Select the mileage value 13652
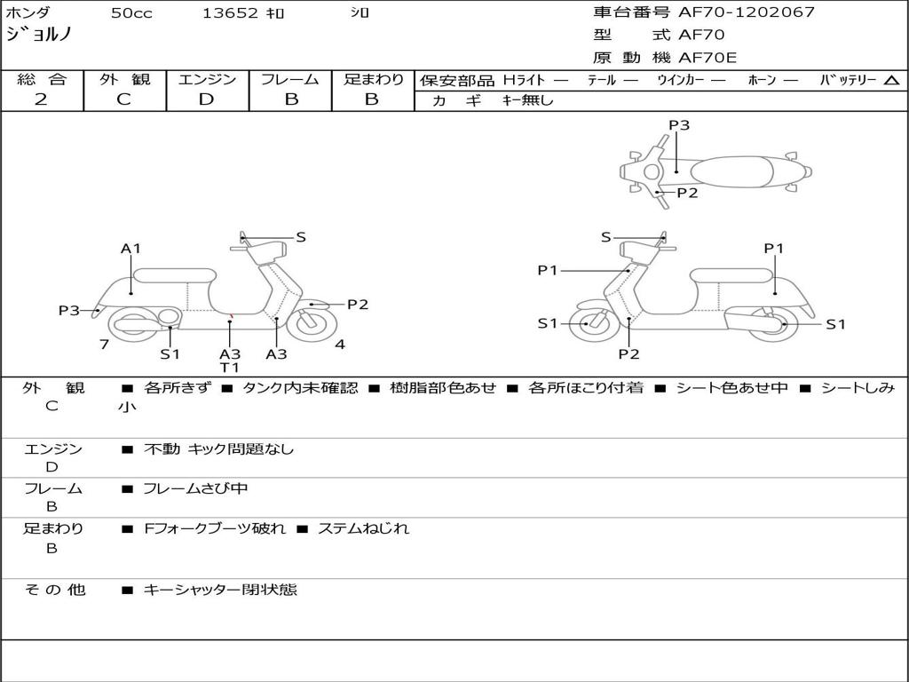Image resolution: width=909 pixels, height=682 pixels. coord(230,13)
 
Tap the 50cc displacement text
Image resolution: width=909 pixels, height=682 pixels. coord(131,13)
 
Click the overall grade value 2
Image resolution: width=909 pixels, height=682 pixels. coord(41,99)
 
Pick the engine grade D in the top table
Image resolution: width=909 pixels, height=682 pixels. coord(206,99)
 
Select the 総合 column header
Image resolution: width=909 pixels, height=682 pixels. coord(41,79)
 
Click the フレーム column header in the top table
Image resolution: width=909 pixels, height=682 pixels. coord(290,79)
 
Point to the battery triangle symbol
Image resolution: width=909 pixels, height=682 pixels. coord(891,80)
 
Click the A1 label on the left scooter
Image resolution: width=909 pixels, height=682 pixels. coord(131,249)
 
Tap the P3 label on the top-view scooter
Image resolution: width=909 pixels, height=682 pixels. coord(679,125)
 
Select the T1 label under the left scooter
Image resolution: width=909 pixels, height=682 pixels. coord(230,368)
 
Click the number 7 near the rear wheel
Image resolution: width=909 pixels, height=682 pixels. coord(104,345)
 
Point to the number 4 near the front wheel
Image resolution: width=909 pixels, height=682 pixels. coord(340,345)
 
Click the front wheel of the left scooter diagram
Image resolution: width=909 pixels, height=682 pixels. coord(311,323)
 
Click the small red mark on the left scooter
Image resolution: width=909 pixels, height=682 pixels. coord(231,314)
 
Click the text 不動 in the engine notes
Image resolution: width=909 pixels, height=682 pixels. coord(162,449)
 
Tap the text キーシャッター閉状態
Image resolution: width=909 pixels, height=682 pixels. coord(220,589)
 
